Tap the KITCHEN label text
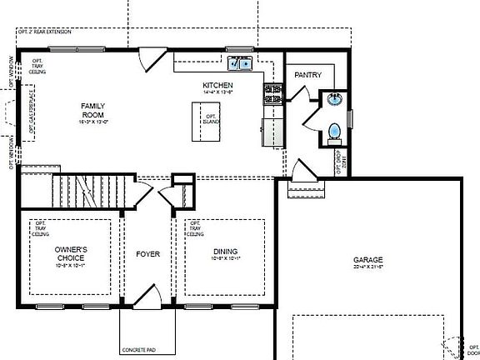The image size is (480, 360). coord(217,86)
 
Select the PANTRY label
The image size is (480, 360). coord(307,76)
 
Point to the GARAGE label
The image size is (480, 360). coord(368,259)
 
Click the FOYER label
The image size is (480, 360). coord(147,253)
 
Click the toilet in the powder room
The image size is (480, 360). coord(333,132)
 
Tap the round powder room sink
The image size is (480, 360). coord(335,101)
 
